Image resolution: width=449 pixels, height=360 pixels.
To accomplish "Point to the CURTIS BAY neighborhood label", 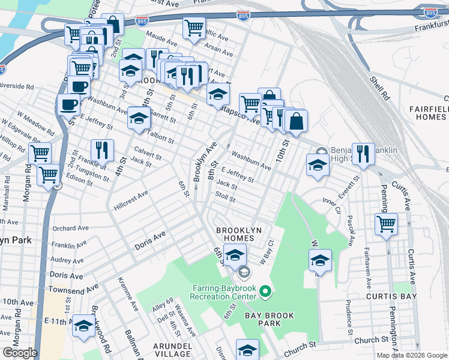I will pyautogui.click(x=388, y=296).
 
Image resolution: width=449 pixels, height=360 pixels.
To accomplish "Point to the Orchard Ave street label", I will pyautogui.click(x=71, y=229).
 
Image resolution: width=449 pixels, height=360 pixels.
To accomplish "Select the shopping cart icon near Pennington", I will pyautogui.click(x=387, y=224).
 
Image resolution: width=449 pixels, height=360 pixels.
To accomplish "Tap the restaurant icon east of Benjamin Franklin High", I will pyautogui.click(x=363, y=154).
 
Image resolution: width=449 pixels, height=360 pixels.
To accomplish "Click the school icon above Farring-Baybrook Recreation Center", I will pyautogui.click(x=235, y=254).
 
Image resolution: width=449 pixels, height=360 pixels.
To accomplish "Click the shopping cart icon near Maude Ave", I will pyautogui.click(x=194, y=27).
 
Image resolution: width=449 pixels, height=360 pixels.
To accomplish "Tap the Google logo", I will pyautogui.click(x=19, y=353).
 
